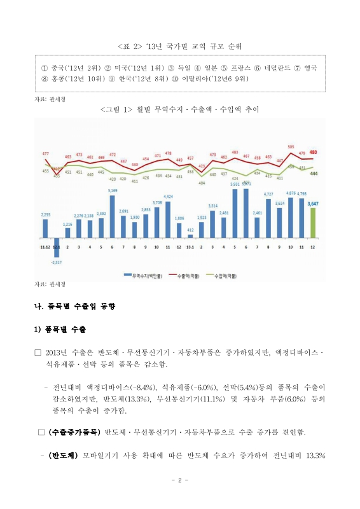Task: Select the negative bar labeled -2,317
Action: point(56,247)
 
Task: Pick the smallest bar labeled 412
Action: point(190,235)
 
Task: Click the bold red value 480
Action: point(313,153)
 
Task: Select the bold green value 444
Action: point(314,173)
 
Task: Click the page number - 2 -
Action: point(180,480)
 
